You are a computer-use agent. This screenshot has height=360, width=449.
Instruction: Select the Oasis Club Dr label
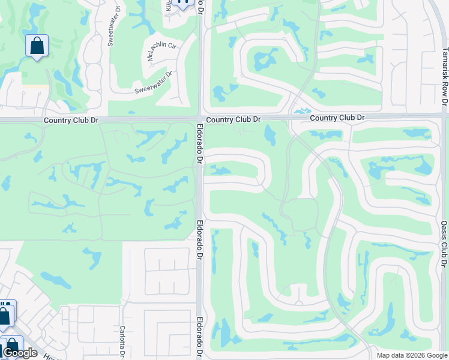tap(444, 243)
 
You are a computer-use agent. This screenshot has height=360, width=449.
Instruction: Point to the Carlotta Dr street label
tap(122, 341)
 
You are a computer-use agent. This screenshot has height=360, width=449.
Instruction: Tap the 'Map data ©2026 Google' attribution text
tap(411, 355)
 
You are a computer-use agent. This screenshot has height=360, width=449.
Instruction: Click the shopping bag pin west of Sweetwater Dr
tap(37, 46)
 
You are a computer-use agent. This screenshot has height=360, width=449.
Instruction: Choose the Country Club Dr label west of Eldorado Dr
tap(71, 121)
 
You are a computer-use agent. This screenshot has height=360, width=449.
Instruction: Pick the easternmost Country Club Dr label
tap(337, 118)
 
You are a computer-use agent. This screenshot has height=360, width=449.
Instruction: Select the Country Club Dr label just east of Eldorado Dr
tap(234, 120)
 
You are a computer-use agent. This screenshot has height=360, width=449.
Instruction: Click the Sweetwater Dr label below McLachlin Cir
tap(153, 82)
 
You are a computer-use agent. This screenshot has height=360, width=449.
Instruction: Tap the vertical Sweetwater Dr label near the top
tap(111, 28)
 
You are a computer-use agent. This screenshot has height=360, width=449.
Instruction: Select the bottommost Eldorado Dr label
tap(200, 337)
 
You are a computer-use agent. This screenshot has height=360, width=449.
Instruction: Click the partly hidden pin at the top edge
tap(183, 4)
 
